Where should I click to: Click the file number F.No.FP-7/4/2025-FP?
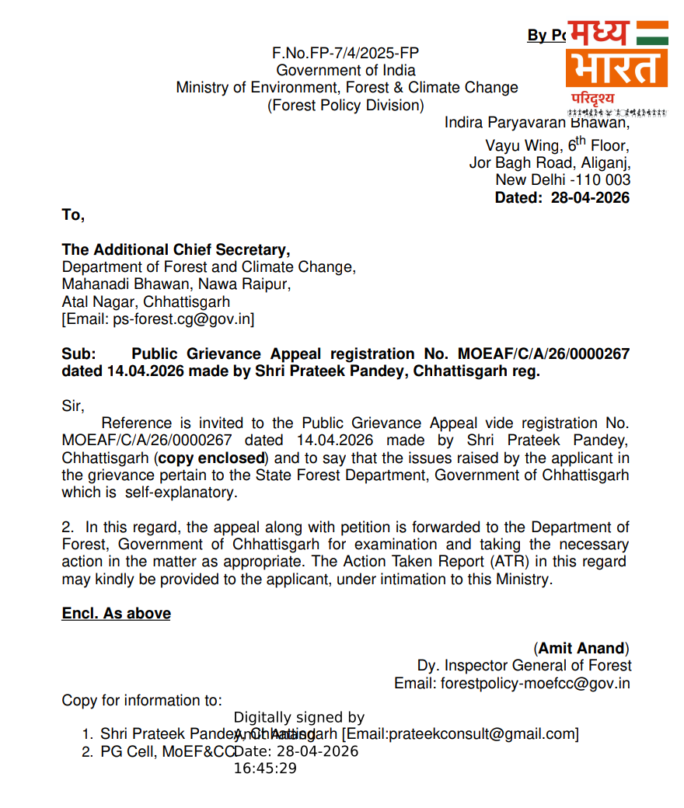tap(346, 53)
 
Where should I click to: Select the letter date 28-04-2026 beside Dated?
tap(590, 197)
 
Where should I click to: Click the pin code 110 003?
tap(605, 180)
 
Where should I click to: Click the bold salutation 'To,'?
tap(73, 215)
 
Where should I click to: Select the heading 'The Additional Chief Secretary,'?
tap(176, 250)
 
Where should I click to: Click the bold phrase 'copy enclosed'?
tap(211, 458)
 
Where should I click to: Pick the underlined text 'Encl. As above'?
tap(117, 614)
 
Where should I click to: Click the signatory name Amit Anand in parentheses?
tap(581, 648)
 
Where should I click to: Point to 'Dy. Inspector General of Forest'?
tap(524, 666)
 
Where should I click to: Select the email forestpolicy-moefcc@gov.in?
tap(536, 684)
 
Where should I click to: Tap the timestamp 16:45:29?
tap(265, 768)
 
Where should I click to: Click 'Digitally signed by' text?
tap(298, 717)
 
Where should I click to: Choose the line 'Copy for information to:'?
tap(141, 701)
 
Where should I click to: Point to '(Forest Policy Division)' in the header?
tap(346, 106)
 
